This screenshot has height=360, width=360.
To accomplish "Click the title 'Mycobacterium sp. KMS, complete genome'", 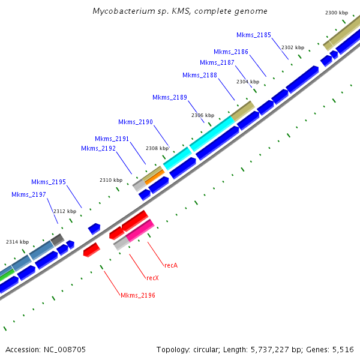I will pyautogui.click(x=180, y=11).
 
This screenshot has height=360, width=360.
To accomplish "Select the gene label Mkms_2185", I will pyautogui.click(x=253, y=35).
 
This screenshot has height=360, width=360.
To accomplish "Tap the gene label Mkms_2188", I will pyautogui.click(x=199, y=75).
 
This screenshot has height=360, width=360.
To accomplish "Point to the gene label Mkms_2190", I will pyautogui.click(x=135, y=122).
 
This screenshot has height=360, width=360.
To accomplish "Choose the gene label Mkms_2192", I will pyautogui.click(x=98, y=148).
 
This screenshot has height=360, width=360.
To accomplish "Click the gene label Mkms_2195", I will pyautogui.click(x=49, y=182).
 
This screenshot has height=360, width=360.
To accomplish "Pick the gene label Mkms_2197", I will pyautogui.click(x=29, y=194).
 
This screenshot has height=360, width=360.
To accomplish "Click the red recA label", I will pyautogui.click(x=170, y=265).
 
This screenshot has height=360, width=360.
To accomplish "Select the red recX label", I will pyautogui.click(x=152, y=278).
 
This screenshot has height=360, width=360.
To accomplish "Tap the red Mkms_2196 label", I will pyautogui.click(x=137, y=295).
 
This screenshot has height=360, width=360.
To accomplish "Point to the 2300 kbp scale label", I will pyautogui.click(x=336, y=13).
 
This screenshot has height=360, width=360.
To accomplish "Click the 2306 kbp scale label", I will pyautogui.click(x=202, y=115).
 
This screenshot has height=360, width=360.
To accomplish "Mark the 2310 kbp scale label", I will pyautogui.click(x=110, y=180).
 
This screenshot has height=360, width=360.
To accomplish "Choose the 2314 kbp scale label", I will pyautogui.click(x=17, y=242).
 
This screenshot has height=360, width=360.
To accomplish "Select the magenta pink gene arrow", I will pyautogui.click(x=140, y=230).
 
